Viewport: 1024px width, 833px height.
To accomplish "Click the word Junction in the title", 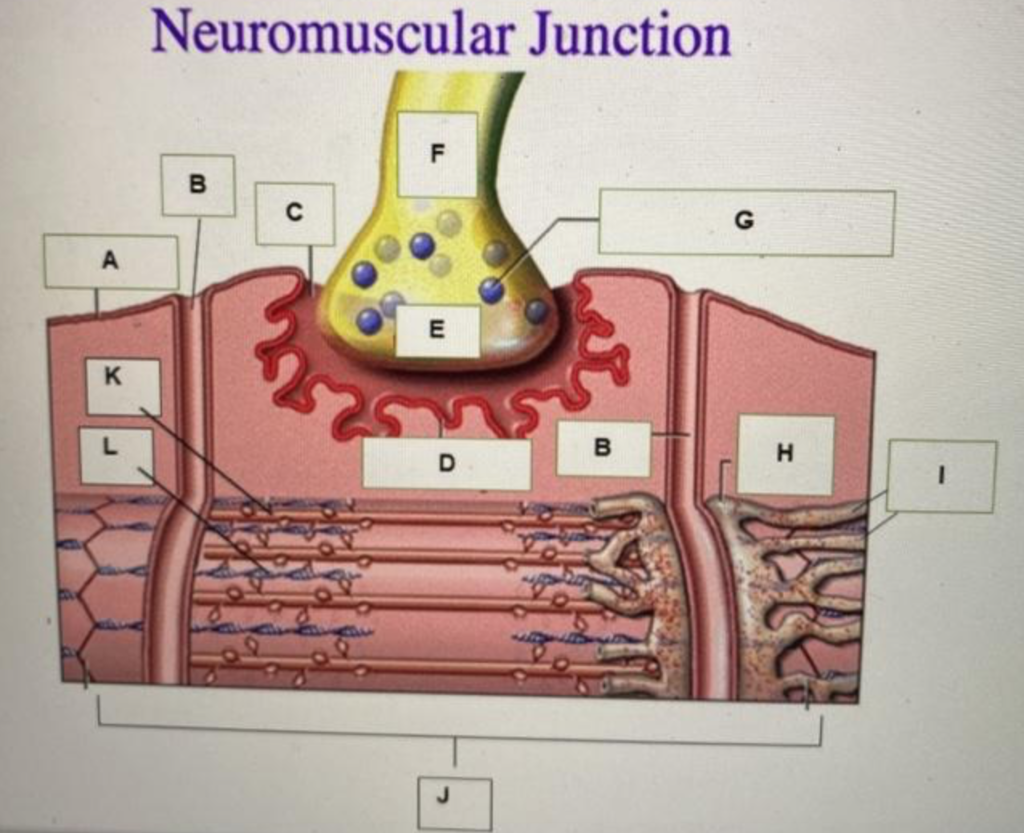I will pos(630,35).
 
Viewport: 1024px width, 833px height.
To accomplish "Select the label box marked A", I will pos(110,261).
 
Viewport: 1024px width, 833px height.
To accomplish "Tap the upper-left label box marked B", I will pos(198,185).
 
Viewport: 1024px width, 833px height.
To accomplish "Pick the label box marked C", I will pos(294,213).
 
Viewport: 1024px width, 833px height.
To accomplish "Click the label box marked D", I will pos(446,463).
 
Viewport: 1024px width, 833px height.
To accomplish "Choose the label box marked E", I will pos(437,331).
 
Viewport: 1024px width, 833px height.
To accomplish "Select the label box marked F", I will pos(437,154).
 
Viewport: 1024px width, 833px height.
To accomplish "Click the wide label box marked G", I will pos(745,222).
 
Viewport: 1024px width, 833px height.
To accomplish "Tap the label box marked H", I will pos(785,454).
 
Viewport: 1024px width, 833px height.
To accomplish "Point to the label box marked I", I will pos(940,476).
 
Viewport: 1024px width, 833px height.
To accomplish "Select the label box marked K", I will pos(122,386).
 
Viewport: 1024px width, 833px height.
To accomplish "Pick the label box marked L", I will pos(116,455).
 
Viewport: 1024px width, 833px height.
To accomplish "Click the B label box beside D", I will pos(603,448).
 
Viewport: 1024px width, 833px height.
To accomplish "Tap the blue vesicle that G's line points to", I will pos(491,290).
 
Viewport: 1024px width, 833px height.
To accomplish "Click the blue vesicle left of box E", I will pos(370,321).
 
